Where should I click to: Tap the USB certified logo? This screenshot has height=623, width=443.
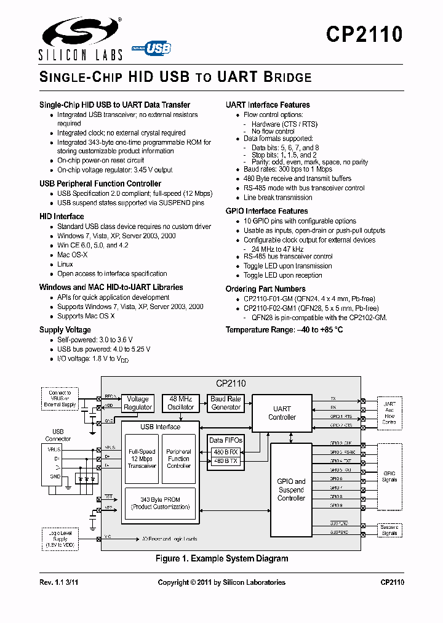click(151, 48)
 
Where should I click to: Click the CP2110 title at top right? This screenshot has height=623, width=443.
click(364, 34)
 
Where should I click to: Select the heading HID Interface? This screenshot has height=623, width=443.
click(62, 217)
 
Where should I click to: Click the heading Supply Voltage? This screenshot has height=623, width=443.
click(65, 330)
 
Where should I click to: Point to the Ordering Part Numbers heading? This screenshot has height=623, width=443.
click(265, 289)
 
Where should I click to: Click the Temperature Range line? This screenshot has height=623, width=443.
click(284, 330)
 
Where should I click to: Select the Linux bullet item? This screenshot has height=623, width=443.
click(65, 264)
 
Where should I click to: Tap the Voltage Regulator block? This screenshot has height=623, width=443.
click(138, 403)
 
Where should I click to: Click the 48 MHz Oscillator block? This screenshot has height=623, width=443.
click(181, 403)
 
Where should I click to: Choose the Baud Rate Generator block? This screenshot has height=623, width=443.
click(226, 403)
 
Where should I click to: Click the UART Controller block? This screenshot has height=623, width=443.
click(282, 413)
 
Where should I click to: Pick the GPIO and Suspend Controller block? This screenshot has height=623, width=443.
click(291, 490)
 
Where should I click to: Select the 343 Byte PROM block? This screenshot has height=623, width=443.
click(161, 503)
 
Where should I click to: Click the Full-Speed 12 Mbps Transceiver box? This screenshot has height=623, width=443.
click(142, 459)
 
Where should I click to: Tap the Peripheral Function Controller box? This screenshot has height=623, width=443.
click(178, 459)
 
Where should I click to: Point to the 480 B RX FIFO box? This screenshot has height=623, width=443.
click(225, 451)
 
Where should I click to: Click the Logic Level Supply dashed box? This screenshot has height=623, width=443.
click(59, 537)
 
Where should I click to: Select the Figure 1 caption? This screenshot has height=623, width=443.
click(221, 559)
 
